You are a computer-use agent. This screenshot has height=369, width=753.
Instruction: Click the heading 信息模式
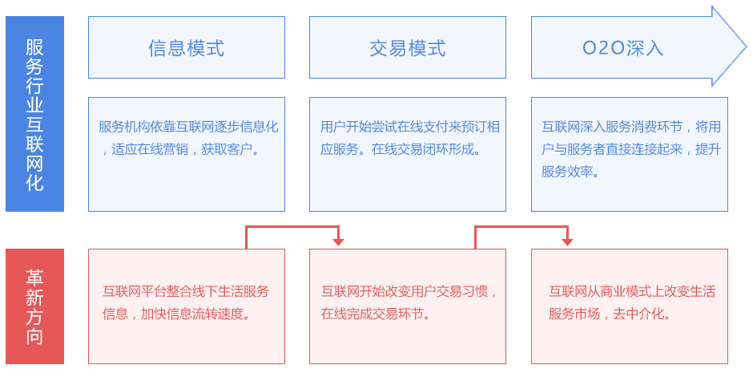(x=186, y=48)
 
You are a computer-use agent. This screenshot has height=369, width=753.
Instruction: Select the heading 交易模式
(x=407, y=48)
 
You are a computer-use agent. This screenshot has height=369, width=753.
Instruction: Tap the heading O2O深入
(x=623, y=48)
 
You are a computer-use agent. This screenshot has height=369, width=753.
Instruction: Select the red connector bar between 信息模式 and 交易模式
(x=295, y=236)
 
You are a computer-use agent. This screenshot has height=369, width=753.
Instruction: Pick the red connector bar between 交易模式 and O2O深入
(x=523, y=236)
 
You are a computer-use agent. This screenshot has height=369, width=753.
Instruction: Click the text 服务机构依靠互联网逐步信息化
(x=188, y=127)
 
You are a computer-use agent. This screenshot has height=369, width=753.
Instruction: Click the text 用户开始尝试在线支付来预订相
(x=410, y=127)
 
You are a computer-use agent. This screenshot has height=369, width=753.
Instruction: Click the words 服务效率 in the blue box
(x=567, y=171)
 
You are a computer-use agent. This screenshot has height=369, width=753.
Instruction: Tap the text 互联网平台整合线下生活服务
(x=186, y=291)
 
